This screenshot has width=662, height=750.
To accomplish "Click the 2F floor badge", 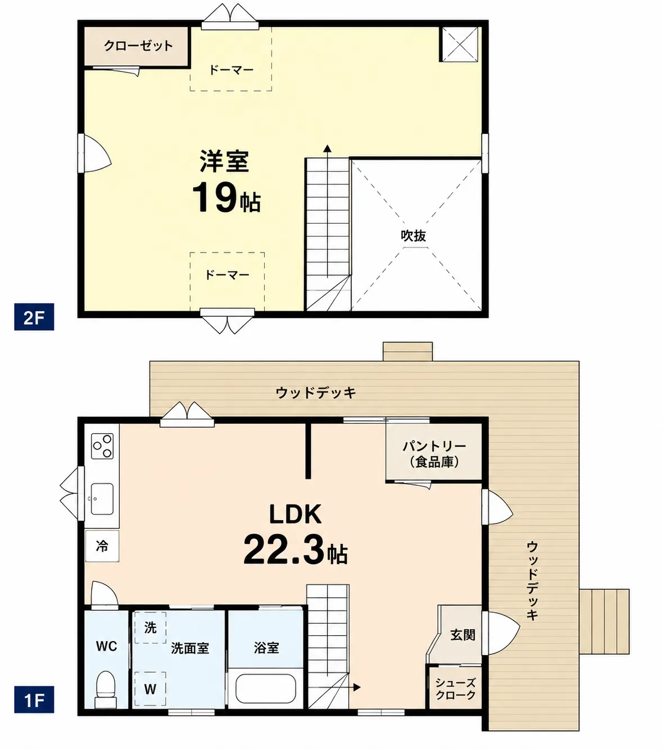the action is [34, 317].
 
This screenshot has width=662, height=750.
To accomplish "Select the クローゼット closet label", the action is [138, 46].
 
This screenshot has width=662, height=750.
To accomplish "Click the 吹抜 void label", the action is [414, 236].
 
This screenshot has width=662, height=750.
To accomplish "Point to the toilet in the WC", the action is [106, 689].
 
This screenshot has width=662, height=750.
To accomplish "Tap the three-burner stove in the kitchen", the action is [102, 446].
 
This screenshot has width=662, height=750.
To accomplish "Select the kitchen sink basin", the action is [102, 499].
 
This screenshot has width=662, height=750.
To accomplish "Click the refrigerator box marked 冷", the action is [102, 546].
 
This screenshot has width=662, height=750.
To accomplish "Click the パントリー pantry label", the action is [434, 446].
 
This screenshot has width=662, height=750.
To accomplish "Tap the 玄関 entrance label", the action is [463, 635].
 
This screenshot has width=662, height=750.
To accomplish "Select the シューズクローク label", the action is [455, 689].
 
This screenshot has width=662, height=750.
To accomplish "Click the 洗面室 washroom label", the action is [190, 648].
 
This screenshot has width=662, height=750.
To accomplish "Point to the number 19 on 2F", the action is [215, 197].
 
